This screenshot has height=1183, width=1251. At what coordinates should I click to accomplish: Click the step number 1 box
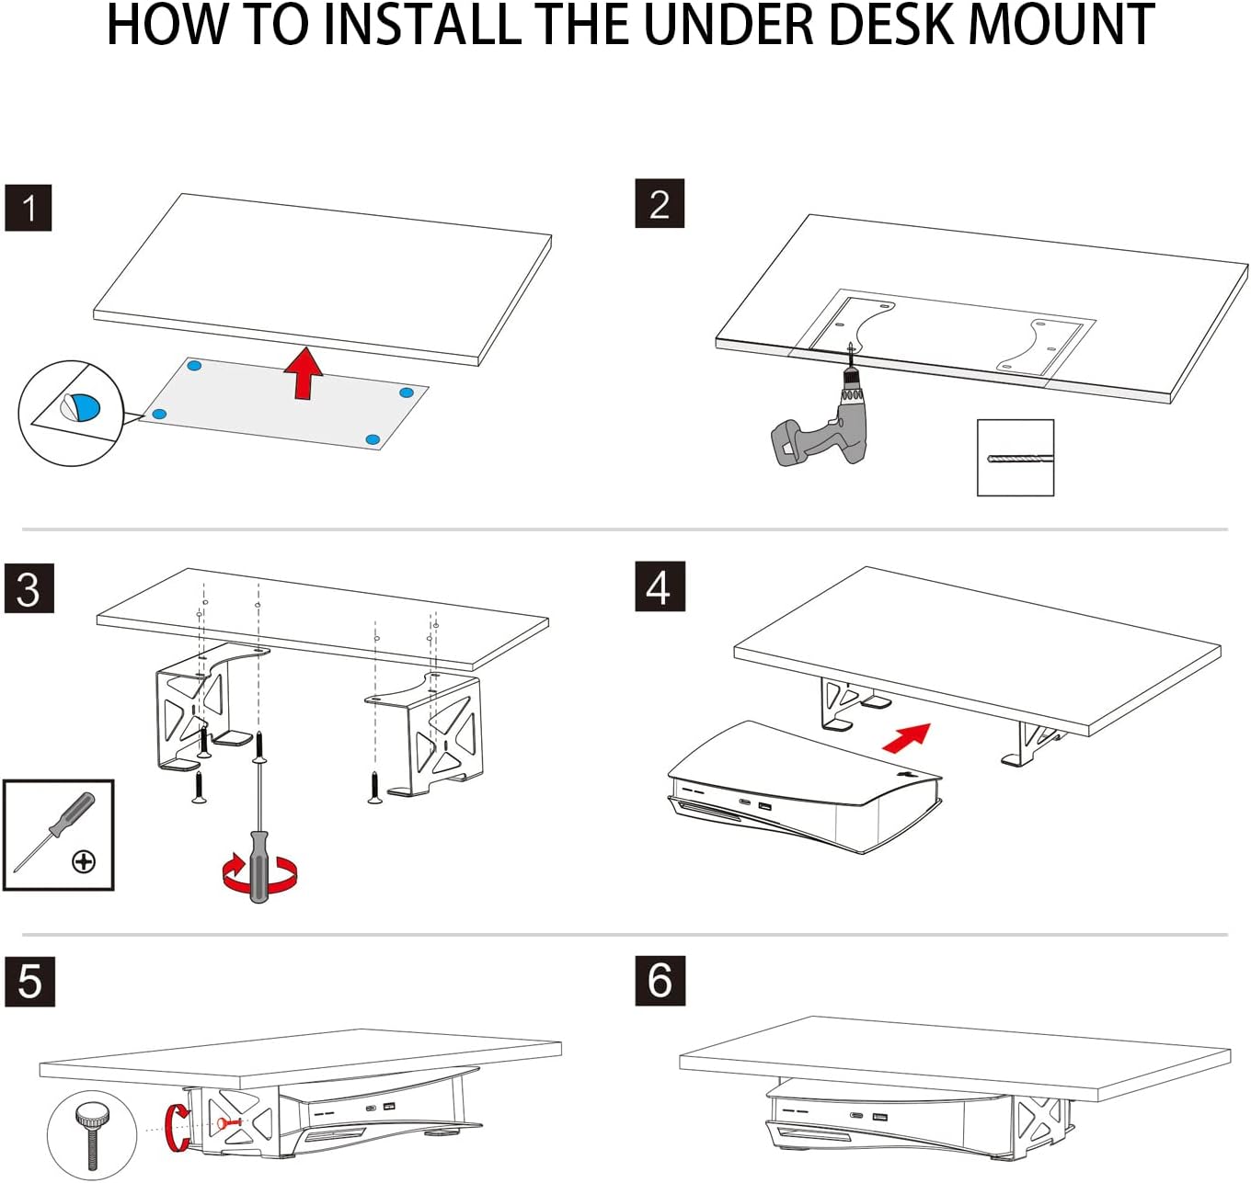tap(29, 208)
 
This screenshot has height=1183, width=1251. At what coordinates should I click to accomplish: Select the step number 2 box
tap(660, 204)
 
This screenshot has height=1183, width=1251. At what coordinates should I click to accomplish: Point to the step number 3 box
tap(29, 589)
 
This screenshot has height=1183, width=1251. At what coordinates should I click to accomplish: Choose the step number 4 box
tap(659, 586)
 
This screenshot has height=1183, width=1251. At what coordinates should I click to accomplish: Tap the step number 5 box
tap(29, 981)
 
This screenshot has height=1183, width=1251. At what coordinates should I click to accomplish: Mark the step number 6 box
tap(660, 980)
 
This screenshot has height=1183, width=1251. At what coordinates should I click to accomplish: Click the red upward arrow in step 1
tap(303, 372)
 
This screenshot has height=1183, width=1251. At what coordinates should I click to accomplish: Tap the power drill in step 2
tap(828, 423)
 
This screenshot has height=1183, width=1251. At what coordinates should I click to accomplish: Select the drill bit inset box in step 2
tap(1015, 458)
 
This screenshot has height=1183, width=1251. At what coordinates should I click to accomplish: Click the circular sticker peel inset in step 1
tap(71, 413)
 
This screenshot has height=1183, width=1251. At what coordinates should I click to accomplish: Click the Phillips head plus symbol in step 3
tap(84, 861)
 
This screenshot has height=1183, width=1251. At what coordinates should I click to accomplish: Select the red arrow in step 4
tap(906, 736)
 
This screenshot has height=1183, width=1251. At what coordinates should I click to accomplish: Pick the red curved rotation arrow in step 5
tap(177, 1127)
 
